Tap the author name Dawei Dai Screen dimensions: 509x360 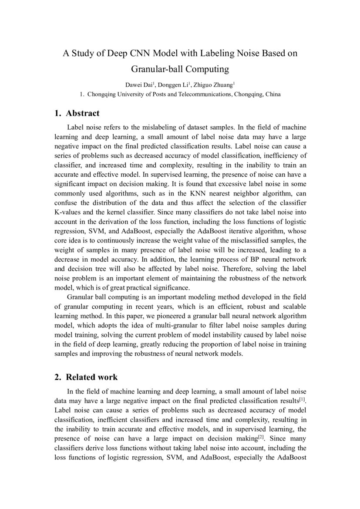(x=139, y=84)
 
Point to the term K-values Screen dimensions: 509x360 (x=68, y=213)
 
